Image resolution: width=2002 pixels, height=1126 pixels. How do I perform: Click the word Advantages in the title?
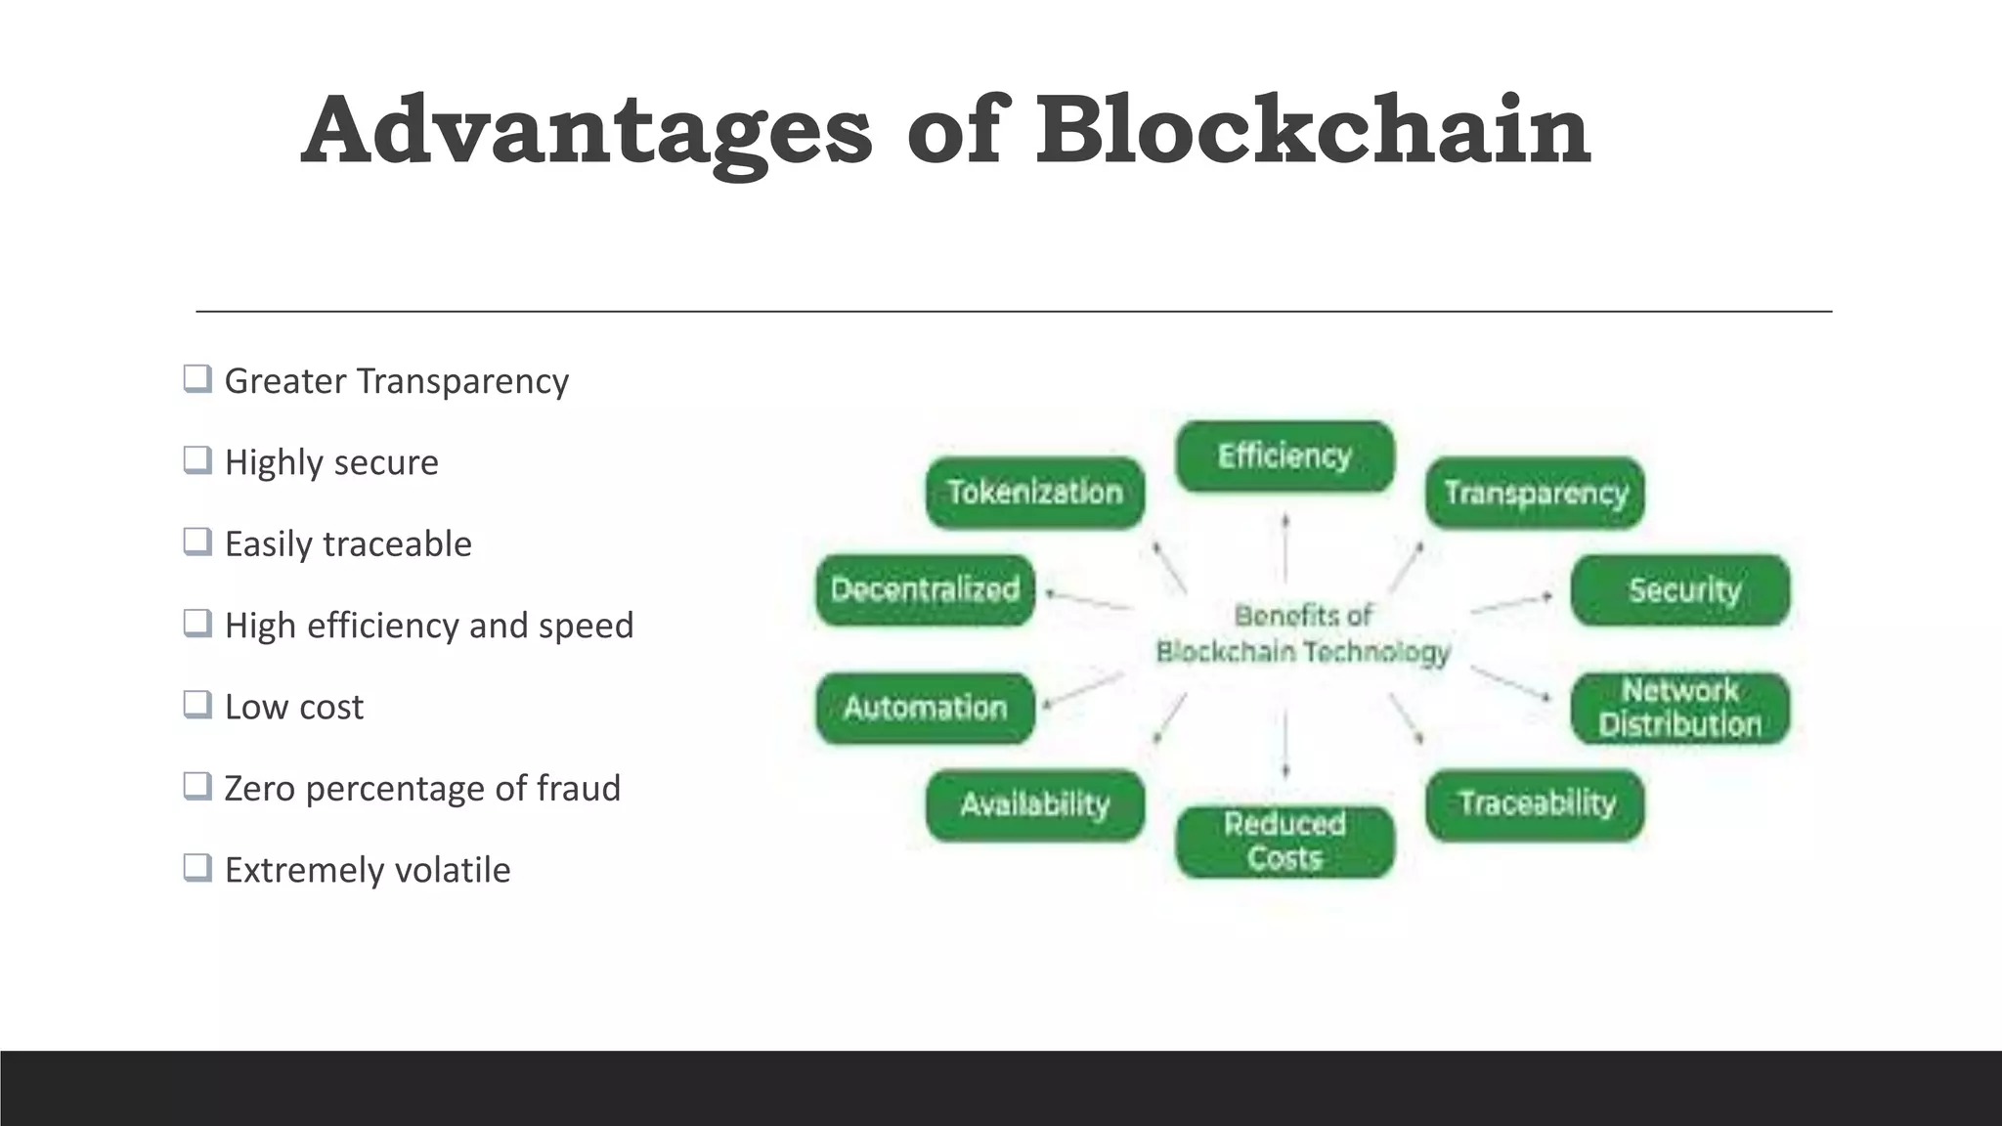587,132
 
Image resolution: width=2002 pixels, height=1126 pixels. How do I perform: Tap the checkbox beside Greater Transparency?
197,378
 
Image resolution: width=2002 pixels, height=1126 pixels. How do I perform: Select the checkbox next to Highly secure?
197,459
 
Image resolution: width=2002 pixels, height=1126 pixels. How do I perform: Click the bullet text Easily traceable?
348,543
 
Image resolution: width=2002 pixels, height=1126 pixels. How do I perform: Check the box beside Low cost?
197,704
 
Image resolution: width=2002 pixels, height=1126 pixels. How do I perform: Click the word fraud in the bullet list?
578,788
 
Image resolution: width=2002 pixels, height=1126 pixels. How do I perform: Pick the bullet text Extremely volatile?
368,870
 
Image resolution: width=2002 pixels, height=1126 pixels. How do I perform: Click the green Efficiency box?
1284,456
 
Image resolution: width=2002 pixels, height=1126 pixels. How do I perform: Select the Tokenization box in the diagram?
1035,493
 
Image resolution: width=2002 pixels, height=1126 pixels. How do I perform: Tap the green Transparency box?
1535,493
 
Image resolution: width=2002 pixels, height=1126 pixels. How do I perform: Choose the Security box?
1680,590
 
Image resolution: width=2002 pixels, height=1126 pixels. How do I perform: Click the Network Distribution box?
1680,708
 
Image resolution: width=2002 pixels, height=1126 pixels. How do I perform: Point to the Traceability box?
1535,804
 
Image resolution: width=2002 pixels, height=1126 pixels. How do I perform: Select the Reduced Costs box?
1284,842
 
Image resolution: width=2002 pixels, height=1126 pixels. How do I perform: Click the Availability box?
1035,805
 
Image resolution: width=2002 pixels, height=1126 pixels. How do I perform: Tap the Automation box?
925,708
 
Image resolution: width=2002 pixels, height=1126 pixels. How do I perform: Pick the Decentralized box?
925,590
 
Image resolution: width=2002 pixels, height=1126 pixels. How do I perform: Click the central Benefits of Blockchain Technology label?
1303,634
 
